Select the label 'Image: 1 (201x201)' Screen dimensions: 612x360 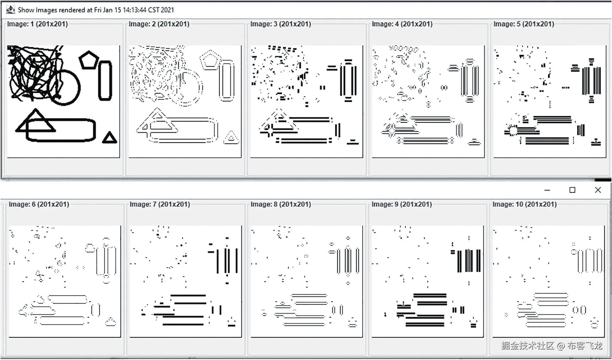37,24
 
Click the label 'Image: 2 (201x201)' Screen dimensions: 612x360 159,24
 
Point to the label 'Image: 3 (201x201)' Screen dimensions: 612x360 281,24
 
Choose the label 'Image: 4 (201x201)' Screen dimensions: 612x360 402,24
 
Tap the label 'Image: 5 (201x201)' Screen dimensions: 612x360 524,24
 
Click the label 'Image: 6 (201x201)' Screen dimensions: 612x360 39,204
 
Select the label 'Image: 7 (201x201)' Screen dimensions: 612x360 160,204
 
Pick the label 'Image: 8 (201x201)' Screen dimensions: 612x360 281,204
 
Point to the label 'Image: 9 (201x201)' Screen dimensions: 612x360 402,204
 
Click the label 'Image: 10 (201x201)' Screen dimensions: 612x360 524,204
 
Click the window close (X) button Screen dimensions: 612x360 598,190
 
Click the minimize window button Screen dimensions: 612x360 547,190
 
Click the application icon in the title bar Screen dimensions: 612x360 11,10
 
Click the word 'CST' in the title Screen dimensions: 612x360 153,10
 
